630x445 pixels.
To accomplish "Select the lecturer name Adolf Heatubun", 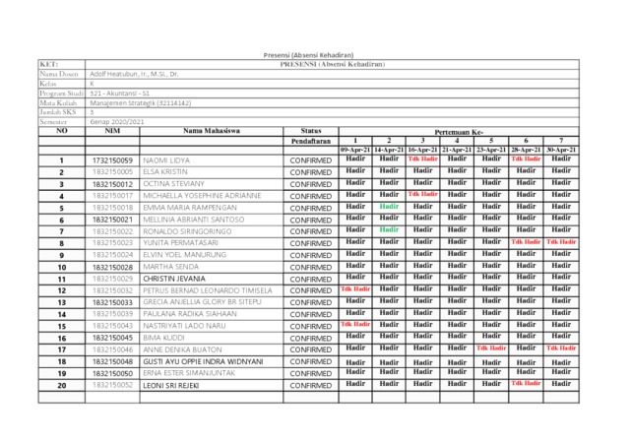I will click(134, 74).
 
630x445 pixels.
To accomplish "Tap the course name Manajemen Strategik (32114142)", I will click(140, 102).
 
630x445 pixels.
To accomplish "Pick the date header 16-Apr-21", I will click(422, 149).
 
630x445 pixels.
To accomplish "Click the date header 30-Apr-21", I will click(561, 149).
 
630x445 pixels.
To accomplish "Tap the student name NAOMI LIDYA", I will click(166, 159).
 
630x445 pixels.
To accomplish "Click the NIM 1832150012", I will click(111, 184).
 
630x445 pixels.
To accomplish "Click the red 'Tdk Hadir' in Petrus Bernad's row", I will click(355, 289).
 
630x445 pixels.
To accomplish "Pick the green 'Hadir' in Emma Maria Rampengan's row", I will click(389, 207).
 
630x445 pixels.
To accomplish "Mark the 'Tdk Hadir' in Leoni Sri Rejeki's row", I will click(527, 384).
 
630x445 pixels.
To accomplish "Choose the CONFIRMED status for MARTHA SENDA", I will click(311, 267).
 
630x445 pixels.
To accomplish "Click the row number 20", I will click(61, 386).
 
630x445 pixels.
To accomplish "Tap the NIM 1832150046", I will click(111, 350).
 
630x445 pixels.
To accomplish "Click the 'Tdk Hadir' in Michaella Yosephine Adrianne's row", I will click(422, 195).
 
